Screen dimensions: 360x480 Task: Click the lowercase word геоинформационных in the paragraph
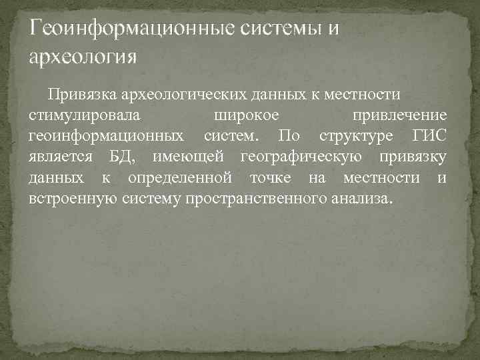pos(107,136)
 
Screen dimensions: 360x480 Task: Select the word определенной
pos(180,178)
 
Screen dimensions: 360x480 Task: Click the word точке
pos(270,178)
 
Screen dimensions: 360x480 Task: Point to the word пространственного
pos(255,199)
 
